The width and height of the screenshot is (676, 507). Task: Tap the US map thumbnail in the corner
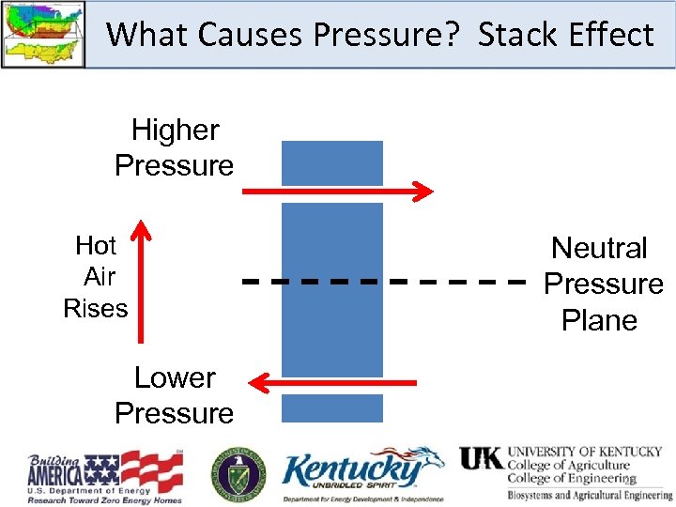coord(43,33)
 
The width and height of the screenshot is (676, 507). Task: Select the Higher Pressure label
coord(175,147)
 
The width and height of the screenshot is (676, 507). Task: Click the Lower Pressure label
coord(175,395)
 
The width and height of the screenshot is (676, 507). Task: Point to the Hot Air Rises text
coord(96,277)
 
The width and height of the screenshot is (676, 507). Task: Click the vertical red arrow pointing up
coord(141,282)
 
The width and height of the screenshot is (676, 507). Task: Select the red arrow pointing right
coord(337,192)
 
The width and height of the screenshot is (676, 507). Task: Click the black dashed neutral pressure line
coord(385,281)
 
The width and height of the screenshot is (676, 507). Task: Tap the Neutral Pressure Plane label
coord(602,284)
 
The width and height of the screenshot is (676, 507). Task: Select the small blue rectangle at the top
coord(332,163)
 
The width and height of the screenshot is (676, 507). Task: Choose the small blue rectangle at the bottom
coord(332,407)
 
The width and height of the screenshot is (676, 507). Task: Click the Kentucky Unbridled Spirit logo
coord(362,474)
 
